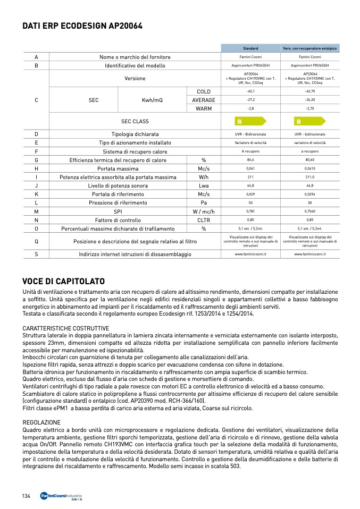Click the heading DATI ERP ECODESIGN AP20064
point(82,26)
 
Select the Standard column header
point(250,48)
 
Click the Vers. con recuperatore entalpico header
point(310,48)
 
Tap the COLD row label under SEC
point(204,91)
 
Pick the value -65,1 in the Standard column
point(250,91)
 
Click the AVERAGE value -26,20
point(310,100)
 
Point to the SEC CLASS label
point(135,121)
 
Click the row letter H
point(36,168)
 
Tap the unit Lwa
point(204,185)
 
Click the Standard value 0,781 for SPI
point(250,211)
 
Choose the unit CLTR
point(204,219)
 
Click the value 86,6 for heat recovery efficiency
point(250,160)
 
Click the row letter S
point(36,254)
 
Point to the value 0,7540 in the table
point(310,211)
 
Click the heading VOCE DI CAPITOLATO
point(63,281)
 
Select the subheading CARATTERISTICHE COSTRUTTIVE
point(66,328)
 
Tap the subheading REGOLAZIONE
point(41,422)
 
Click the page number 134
point(26,496)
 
